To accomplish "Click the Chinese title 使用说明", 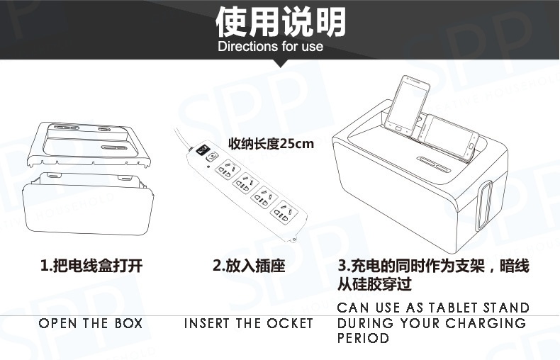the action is pyautogui.click(x=281, y=22).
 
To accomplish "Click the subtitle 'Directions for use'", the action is pyautogui.click(x=270, y=47).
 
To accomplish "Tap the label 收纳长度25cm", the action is pyautogui.click(x=271, y=144).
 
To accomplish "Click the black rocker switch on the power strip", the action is pyautogui.click(x=203, y=150).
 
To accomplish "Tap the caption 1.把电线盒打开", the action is pyautogui.click(x=91, y=266).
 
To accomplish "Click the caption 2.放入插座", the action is pyautogui.click(x=249, y=266).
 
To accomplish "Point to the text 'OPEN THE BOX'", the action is pyautogui.click(x=91, y=323).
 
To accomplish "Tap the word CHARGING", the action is pyautogui.click(x=486, y=323).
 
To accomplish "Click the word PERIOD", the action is pyautogui.click(x=363, y=338).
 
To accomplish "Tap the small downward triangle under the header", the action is pyautogui.click(x=281, y=64).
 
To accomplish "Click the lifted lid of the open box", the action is pyautogui.click(x=89, y=145).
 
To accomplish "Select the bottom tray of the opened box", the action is pyautogui.click(x=87, y=203).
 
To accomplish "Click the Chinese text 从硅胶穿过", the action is pyautogui.click(x=374, y=284).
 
